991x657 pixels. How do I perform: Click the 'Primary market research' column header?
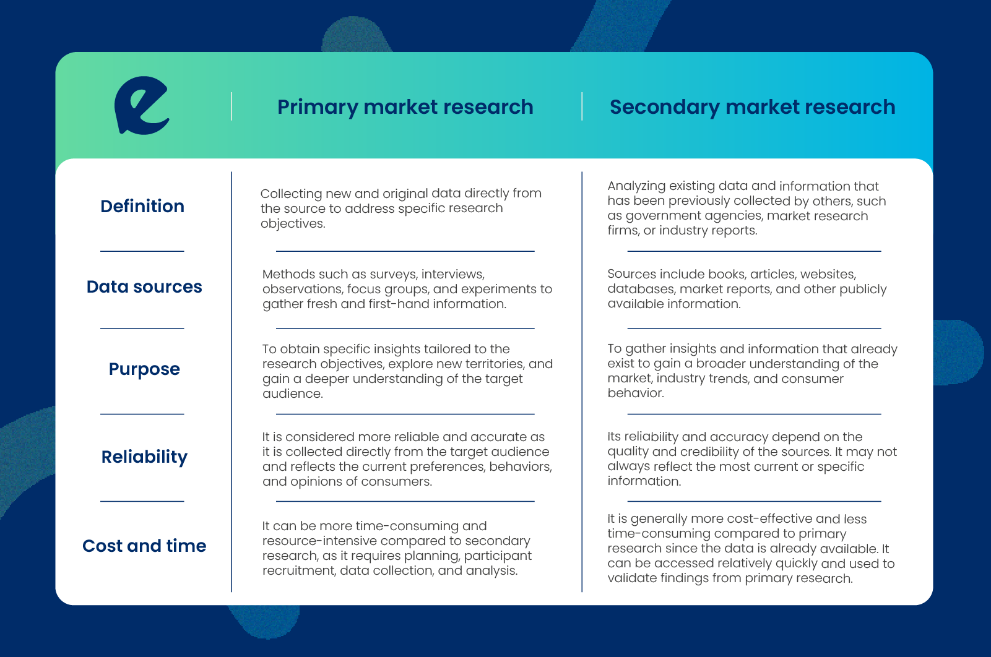pyautogui.click(x=405, y=107)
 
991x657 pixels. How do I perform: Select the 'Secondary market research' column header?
pyautogui.click(x=753, y=107)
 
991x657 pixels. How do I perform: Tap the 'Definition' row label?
pyautogui.click(x=142, y=206)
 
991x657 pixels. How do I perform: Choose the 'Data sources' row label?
pyautogui.click(x=144, y=286)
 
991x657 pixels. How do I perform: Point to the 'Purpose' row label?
pyautogui.click(x=144, y=369)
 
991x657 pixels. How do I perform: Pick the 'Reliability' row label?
pyautogui.click(x=144, y=457)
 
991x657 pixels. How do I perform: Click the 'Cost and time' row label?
pyautogui.click(x=144, y=546)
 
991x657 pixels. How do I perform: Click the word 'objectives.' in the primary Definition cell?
pyautogui.click(x=293, y=224)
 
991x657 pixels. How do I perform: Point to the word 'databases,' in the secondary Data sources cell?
pyautogui.click(x=641, y=289)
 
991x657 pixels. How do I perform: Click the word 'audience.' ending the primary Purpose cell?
pyautogui.click(x=292, y=393)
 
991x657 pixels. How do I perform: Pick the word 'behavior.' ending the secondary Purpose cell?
pyautogui.click(x=636, y=393)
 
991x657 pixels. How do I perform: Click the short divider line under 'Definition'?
pyautogui.click(x=142, y=251)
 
